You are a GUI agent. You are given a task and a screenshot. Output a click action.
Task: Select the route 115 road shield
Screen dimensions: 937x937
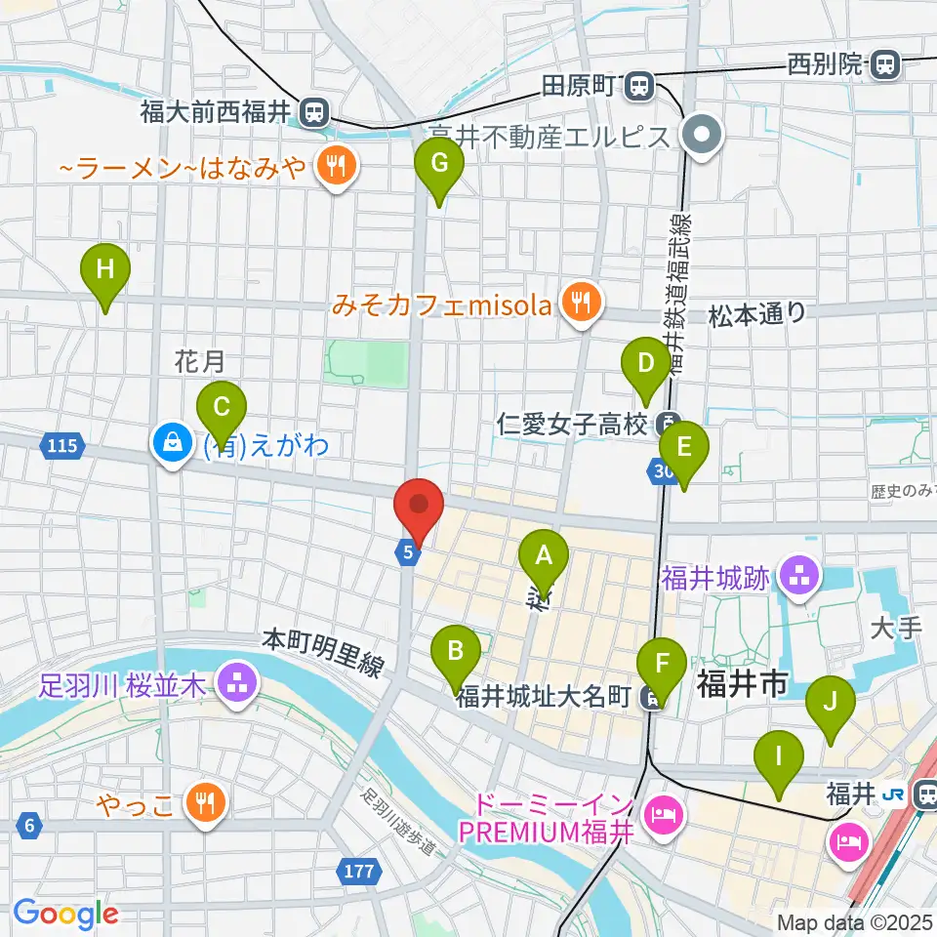pyautogui.click(x=61, y=446)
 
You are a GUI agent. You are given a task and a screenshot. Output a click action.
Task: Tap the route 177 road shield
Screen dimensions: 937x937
pyautogui.click(x=359, y=870)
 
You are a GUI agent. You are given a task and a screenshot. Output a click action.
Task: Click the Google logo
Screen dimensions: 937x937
pyautogui.click(x=65, y=913)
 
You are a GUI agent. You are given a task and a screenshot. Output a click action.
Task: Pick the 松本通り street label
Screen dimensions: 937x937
pyautogui.click(x=757, y=313)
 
